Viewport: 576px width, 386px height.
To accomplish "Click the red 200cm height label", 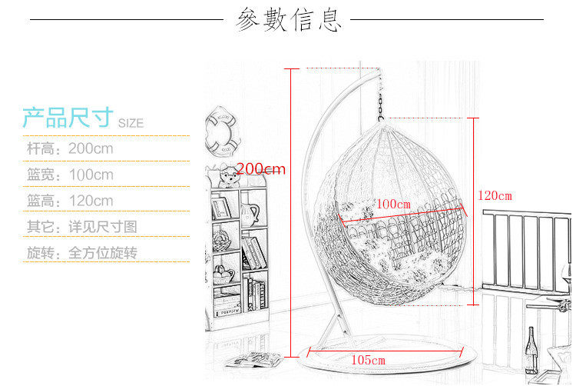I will coord(261,168).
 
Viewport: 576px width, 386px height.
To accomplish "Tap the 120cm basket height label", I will coord(494,195).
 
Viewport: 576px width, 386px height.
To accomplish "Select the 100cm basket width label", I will coord(392,204).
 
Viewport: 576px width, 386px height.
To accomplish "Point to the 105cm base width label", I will coord(368,360).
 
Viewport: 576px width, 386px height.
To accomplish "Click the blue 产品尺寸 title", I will coord(68,118).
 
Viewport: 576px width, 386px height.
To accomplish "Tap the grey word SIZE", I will coord(131,123).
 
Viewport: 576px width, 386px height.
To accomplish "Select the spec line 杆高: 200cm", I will coord(70,148).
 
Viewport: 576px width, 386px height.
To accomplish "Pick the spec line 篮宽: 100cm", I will coord(70,175).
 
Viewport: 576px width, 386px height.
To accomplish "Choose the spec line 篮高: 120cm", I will coord(70,201).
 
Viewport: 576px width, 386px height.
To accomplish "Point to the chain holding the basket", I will coord(380,100).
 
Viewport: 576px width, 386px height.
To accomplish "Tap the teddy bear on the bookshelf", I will coord(227,178).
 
